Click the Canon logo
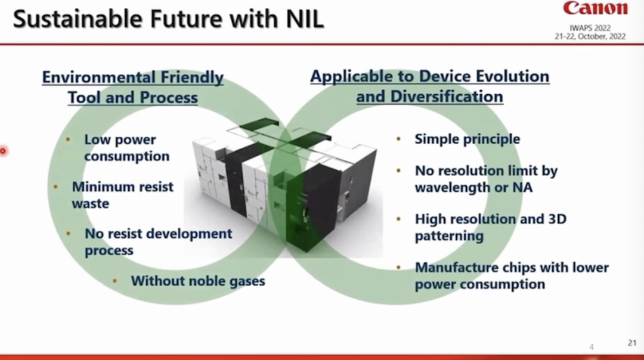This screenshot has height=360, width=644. [595, 9]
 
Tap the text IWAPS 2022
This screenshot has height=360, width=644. [589, 27]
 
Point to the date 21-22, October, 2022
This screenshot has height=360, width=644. [589, 36]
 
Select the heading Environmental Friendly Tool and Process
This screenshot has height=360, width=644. [132, 87]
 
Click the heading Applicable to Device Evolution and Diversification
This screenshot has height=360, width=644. [429, 86]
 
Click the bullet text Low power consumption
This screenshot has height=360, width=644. [126, 148]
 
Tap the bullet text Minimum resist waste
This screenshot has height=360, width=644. [122, 195]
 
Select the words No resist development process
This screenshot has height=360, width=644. [158, 241]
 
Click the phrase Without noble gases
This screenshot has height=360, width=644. [198, 280]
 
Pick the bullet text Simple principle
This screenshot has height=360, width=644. [467, 139]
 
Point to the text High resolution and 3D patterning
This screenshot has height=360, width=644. [490, 227]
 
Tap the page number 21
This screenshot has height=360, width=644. [632, 343]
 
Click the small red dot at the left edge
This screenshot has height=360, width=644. [2, 151]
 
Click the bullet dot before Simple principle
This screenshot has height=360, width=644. [398, 139]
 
